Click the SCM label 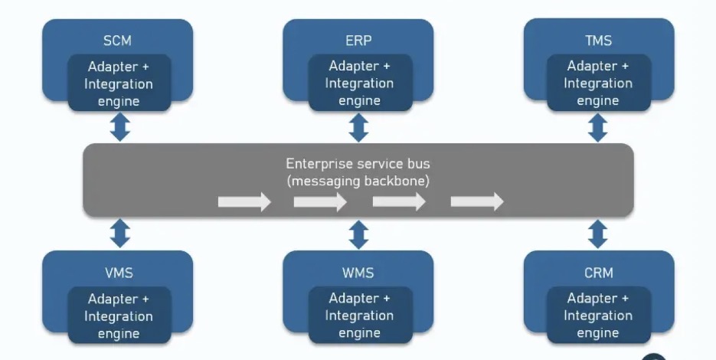tap(117, 41)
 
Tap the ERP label tap(358, 40)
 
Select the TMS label tap(598, 40)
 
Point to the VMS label tap(119, 273)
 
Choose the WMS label tap(358, 273)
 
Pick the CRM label tap(598, 273)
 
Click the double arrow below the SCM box tap(120, 127)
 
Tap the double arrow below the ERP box tap(358, 127)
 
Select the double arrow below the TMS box tap(598, 127)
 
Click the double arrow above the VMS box tap(120, 233)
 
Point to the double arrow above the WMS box tap(358, 234)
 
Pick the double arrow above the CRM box tap(598, 234)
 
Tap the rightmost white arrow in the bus tap(477, 201)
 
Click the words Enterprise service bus tap(358, 164)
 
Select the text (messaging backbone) tap(358, 181)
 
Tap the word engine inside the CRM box tap(598, 333)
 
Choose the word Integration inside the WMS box tap(359, 316)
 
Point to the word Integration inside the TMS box tap(598, 83)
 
